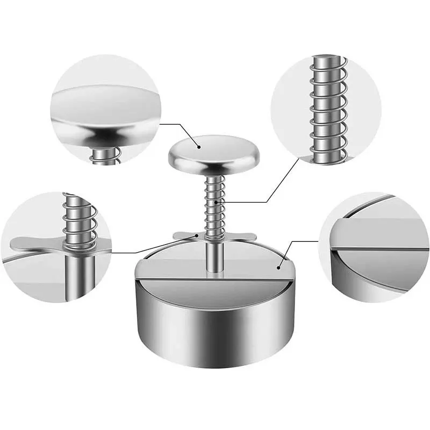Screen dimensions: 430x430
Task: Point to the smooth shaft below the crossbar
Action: pos(214,255)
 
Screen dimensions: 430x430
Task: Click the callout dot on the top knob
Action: pos(198,146)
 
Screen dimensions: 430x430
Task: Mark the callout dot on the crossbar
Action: pos(198,235)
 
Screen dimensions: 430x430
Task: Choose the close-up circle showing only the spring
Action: pos(326,110)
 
